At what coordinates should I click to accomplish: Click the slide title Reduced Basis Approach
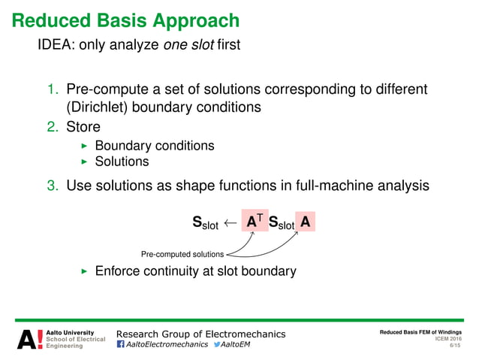[125, 20]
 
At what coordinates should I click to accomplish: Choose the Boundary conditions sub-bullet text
[155, 146]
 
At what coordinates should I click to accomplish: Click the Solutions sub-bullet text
[122, 162]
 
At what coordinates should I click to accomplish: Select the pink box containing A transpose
[255, 222]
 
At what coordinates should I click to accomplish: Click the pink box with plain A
[305, 222]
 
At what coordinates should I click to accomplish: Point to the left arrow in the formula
[230, 223]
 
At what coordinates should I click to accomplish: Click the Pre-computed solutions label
[182, 255]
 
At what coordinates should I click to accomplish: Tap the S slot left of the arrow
[205, 223]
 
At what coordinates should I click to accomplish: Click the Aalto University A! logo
[29, 339]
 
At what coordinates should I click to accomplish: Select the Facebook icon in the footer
[121, 345]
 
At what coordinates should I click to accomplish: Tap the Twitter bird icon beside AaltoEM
[218, 345]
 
